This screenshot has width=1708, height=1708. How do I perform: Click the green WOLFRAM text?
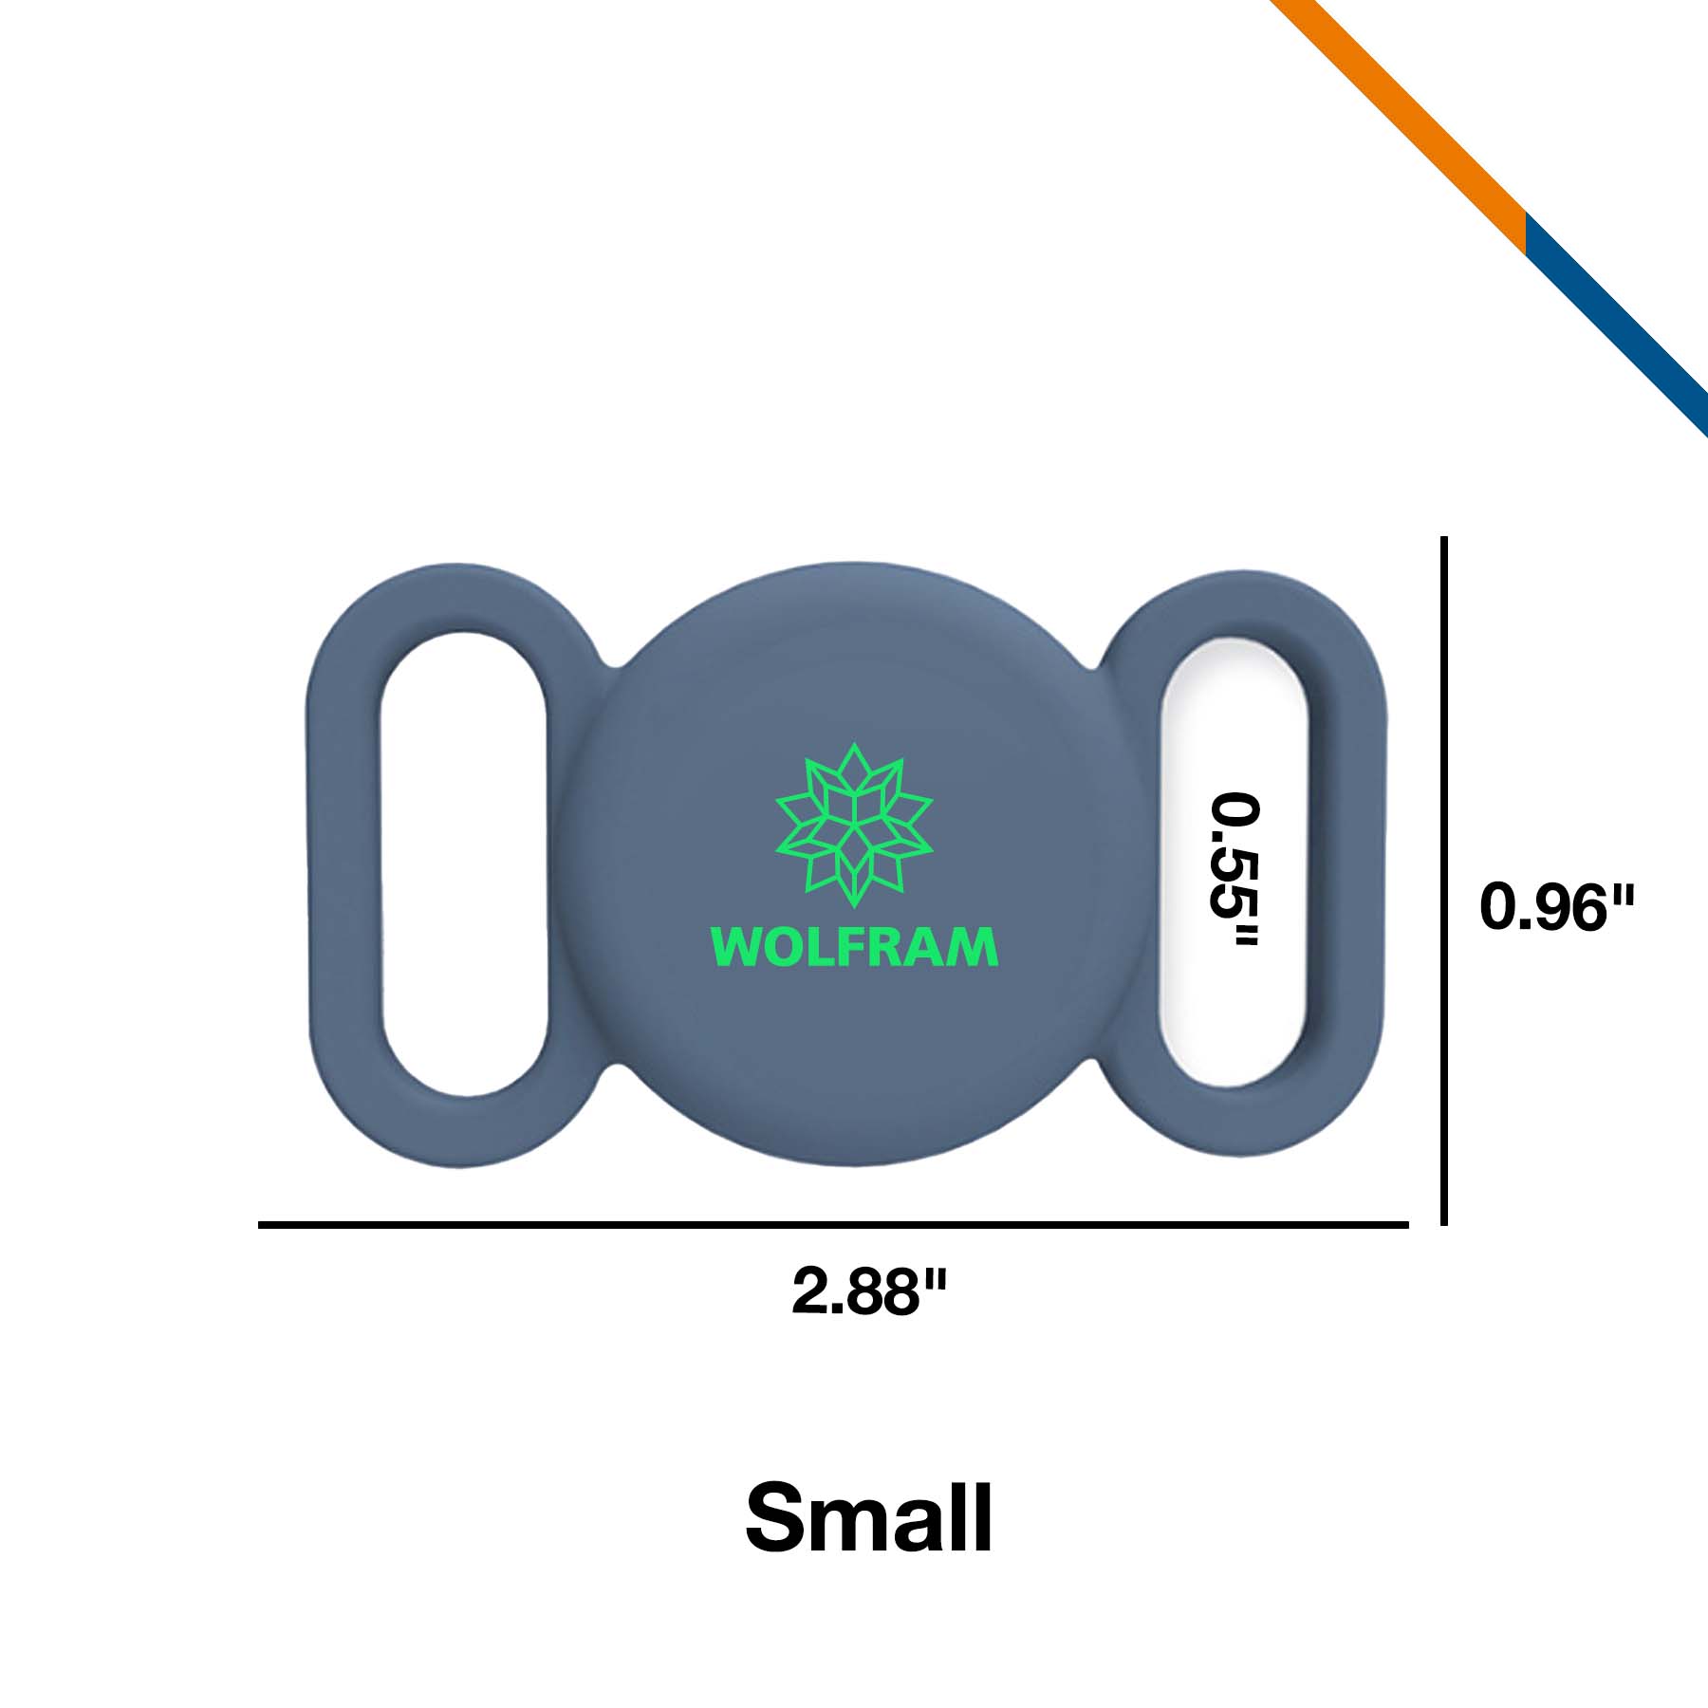point(854,946)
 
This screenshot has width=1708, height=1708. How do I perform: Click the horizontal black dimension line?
point(833,1225)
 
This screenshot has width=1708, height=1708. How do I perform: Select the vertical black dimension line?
point(1443,881)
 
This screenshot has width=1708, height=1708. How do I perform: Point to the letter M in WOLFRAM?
point(977,947)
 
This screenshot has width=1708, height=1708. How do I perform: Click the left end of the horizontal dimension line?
point(259,1225)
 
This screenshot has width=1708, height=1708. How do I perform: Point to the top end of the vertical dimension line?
point(1443,537)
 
